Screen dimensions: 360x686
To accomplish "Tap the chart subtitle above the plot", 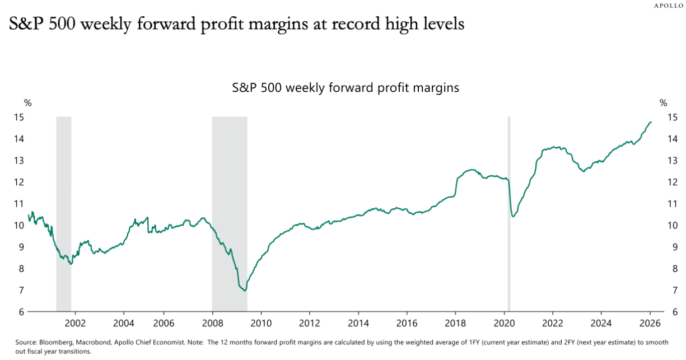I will [x=346, y=88].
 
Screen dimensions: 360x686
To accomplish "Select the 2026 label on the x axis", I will [x=650, y=323].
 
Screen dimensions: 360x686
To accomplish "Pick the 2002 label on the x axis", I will [x=75, y=323].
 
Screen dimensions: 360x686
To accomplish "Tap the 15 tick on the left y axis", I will [x=20, y=118].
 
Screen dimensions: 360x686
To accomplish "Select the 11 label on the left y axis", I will [x=20, y=204].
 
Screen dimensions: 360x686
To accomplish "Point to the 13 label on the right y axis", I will [x=672, y=161].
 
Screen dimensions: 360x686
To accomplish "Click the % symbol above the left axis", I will [x=27, y=102].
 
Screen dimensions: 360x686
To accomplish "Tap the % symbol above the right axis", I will [x=664, y=102].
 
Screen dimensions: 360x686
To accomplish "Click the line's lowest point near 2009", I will [x=244, y=290].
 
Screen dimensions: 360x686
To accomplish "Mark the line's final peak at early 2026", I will [x=651, y=122].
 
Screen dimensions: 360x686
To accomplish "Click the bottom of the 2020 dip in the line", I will [x=513, y=217].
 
